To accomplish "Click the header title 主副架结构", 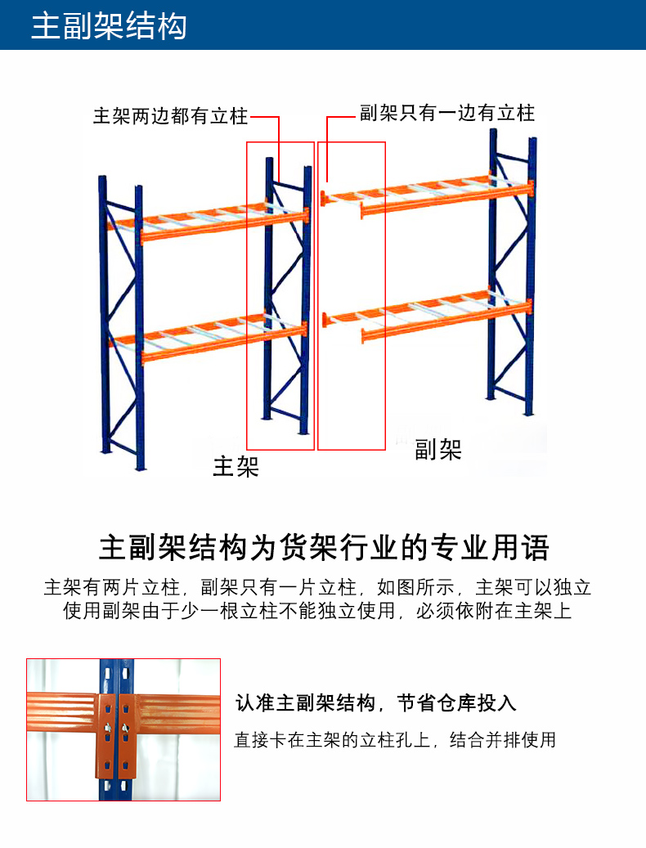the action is click(x=109, y=25).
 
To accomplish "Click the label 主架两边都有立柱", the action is click(x=170, y=116).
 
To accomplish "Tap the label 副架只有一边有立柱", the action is click(x=447, y=113).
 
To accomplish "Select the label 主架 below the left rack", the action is click(x=236, y=466).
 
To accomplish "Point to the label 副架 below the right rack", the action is click(x=437, y=450).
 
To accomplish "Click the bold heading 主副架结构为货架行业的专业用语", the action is click(x=325, y=547).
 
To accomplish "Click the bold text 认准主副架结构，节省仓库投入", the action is click(x=375, y=702).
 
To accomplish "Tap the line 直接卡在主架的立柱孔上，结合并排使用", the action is click(x=395, y=739).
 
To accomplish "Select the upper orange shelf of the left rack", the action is click(x=209, y=222).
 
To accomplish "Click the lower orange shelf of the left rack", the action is click(x=209, y=338).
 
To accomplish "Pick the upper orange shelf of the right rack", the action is click(x=427, y=195).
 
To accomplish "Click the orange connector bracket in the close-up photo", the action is click(x=117, y=737).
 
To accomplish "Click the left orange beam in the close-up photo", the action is click(x=61, y=711).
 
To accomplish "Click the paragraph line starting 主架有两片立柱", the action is click(x=317, y=587).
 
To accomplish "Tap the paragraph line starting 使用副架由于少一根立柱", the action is click(x=317, y=611).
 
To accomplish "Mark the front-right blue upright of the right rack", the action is click(x=531, y=276).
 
